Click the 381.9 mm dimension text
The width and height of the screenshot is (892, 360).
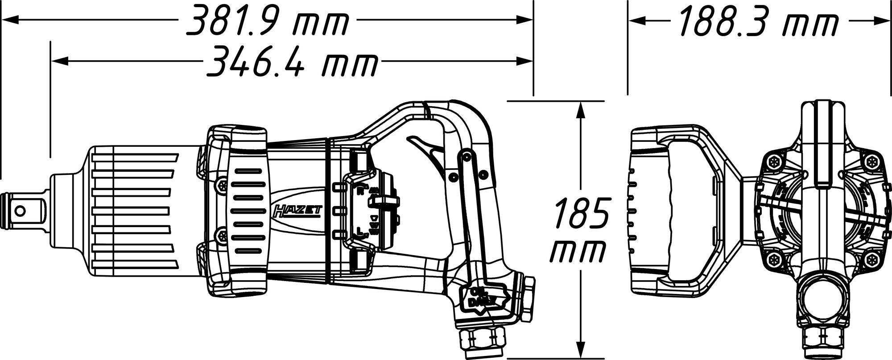(x=266, y=20)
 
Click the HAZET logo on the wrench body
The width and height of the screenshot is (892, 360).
(x=295, y=211)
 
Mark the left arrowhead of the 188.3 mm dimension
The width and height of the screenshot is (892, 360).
(x=636, y=20)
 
